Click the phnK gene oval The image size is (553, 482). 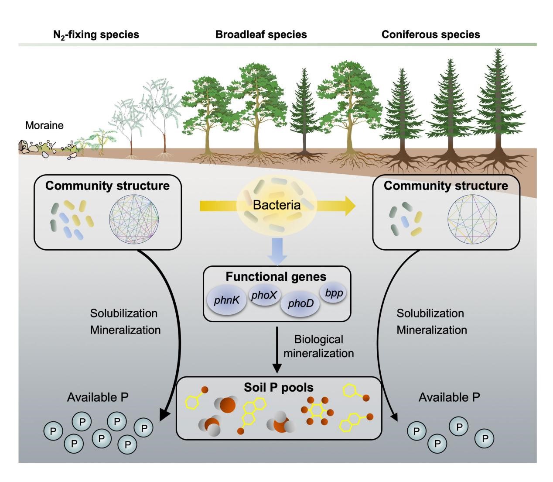(x=225, y=300)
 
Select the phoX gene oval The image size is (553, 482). (x=264, y=296)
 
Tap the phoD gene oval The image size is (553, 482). (x=300, y=303)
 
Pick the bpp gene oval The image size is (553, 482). (x=334, y=293)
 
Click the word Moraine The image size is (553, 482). (x=44, y=126)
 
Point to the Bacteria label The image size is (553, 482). (x=277, y=205)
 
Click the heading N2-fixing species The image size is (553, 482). (x=96, y=34)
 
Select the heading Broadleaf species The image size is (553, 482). (x=261, y=34)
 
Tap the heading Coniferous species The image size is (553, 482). (x=430, y=34)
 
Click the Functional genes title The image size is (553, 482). (x=276, y=277)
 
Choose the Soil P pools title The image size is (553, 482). (x=278, y=388)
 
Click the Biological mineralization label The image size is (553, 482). (x=318, y=346)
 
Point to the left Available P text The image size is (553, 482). (x=98, y=397)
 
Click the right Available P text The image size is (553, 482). (x=449, y=397)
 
